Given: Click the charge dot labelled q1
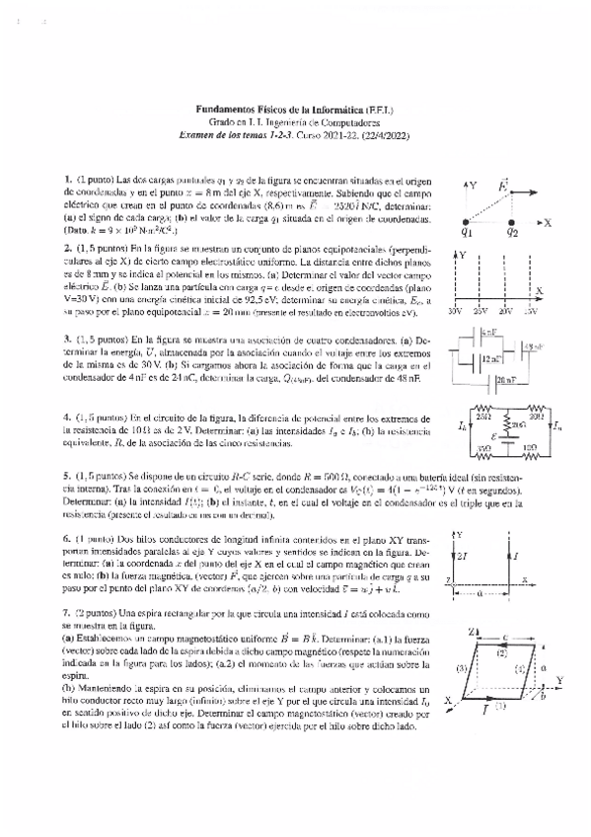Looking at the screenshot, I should coord(466,223).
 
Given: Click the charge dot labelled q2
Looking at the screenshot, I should coord(511,223).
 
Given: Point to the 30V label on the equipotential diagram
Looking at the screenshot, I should coord(455,311).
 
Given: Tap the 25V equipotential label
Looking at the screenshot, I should coord(480,311).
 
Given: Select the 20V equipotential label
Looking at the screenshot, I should coord(506,311).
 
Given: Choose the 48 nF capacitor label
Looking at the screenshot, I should coord(534,347).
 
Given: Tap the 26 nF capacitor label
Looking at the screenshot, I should coord(506,379).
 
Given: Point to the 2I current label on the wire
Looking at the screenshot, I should coord(464,557).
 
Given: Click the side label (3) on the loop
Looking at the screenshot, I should coord(463,668).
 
